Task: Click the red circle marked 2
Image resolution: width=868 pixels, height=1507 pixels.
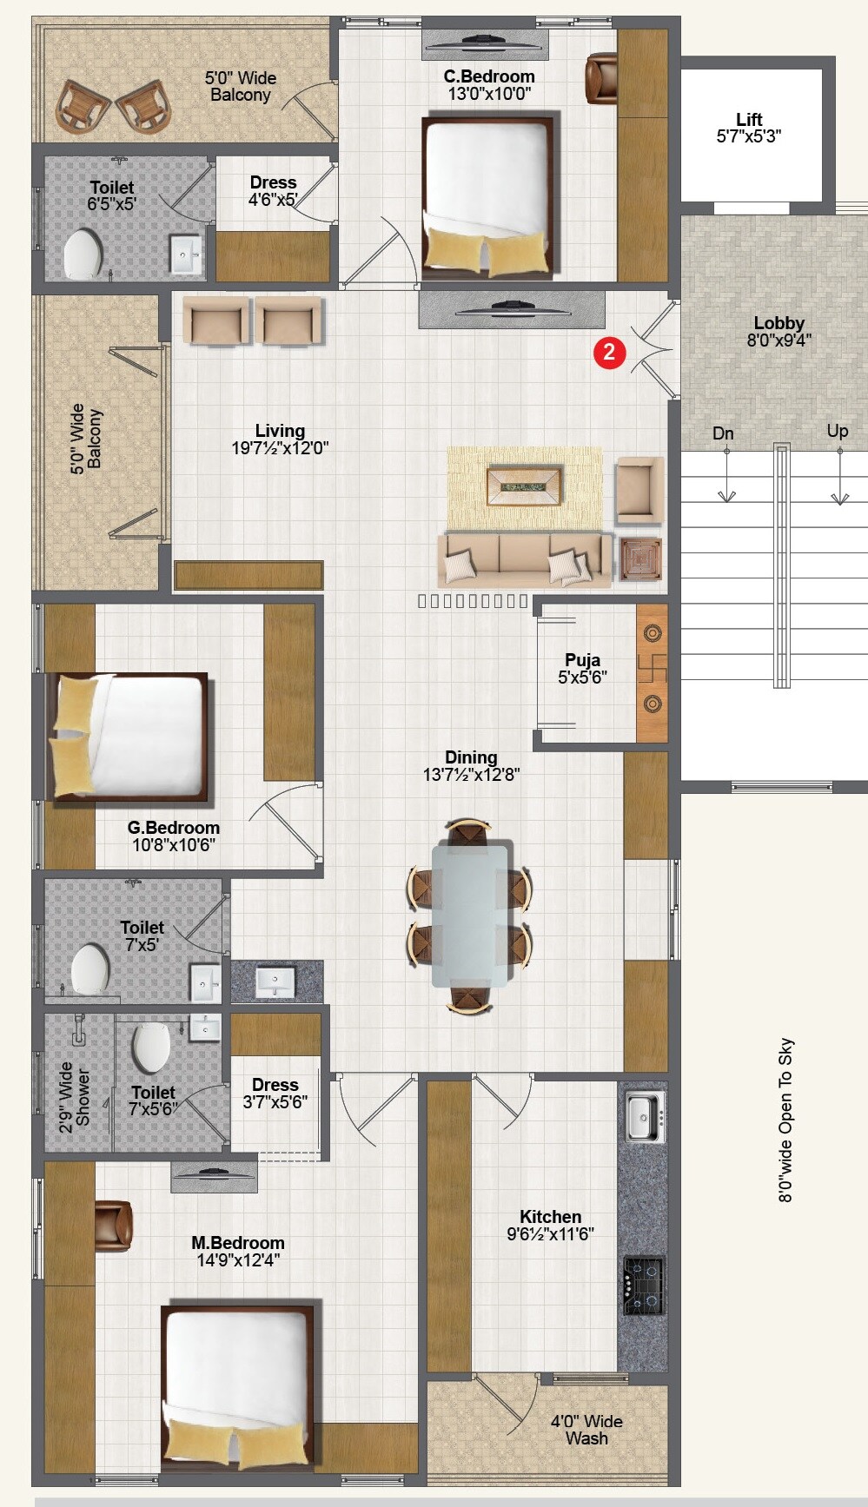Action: click(x=609, y=352)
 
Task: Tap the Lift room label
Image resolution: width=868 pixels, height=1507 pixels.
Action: click(x=748, y=120)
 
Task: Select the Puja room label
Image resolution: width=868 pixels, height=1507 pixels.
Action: click(x=582, y=660)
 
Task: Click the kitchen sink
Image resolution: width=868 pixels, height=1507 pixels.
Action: click(x=644, y=1115)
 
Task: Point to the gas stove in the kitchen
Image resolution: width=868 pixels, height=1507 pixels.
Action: click(x=643, y=1285)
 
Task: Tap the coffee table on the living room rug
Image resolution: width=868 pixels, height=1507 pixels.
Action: click(x=524, y=486)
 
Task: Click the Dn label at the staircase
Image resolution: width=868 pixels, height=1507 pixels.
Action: click(x=723, y=433)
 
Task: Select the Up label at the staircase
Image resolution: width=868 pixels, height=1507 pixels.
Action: click(x=837, y=431)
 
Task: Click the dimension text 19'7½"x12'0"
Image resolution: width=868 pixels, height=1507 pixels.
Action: click(x=280, y=448)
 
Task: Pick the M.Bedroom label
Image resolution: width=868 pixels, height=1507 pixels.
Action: click(x=237, y=1243)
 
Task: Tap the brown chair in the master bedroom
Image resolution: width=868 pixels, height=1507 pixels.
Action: click(x=113, y=1226)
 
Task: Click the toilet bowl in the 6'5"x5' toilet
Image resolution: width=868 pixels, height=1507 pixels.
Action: click(x=83, y=254)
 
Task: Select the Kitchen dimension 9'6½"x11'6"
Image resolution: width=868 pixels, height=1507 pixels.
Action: click(x=550, y=1233)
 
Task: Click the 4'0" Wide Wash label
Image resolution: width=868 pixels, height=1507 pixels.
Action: click(x=586, y=1429)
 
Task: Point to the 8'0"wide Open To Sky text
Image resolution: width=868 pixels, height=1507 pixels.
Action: click(x=785, y=1120)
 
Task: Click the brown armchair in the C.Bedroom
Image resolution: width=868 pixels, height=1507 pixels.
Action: click(x=601, y=79)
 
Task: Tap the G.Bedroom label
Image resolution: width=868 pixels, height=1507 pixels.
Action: click(x=173, y=828)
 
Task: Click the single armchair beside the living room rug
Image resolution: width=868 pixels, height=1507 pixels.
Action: click(x=639, y=490)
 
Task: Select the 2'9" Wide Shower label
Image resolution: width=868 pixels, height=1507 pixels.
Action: click(x=75, y=1097)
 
